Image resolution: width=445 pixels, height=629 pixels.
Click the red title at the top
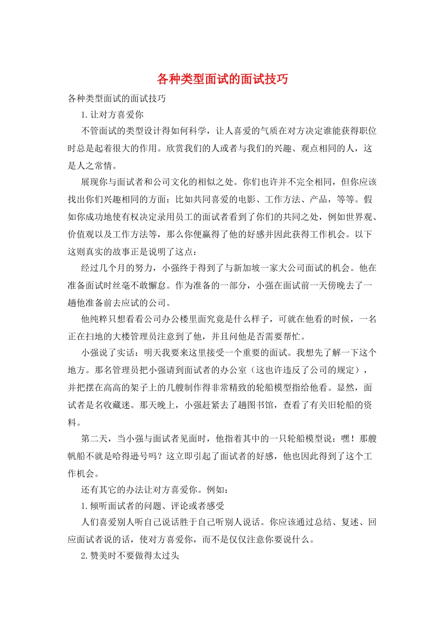222,79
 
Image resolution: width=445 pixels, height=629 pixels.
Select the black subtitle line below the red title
117,98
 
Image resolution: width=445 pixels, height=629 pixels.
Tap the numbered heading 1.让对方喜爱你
112,115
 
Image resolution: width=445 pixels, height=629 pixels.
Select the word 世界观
359,217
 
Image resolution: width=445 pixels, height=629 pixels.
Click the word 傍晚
336,285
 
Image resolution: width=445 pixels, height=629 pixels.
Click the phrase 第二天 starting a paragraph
95,439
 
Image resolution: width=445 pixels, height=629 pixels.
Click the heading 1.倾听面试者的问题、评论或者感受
153,506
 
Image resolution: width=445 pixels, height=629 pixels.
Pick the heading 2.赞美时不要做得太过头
130,556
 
